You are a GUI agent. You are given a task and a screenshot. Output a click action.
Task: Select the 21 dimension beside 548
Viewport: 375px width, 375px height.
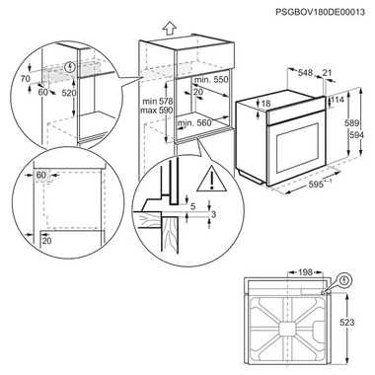[x=329, y=74]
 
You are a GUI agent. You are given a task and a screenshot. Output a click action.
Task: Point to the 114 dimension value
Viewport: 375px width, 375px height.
[x=339, y=100]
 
